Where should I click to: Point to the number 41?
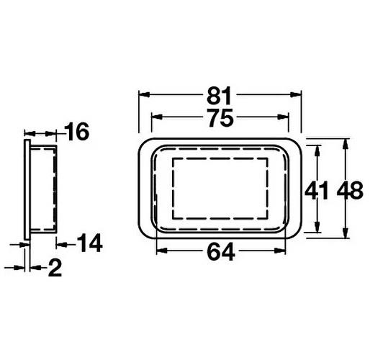(x=317, y=191)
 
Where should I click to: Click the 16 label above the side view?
(x=76, y=132)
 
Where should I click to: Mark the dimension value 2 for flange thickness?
(x=55, y=269)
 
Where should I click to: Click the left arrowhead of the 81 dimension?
(x=142, y=94)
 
